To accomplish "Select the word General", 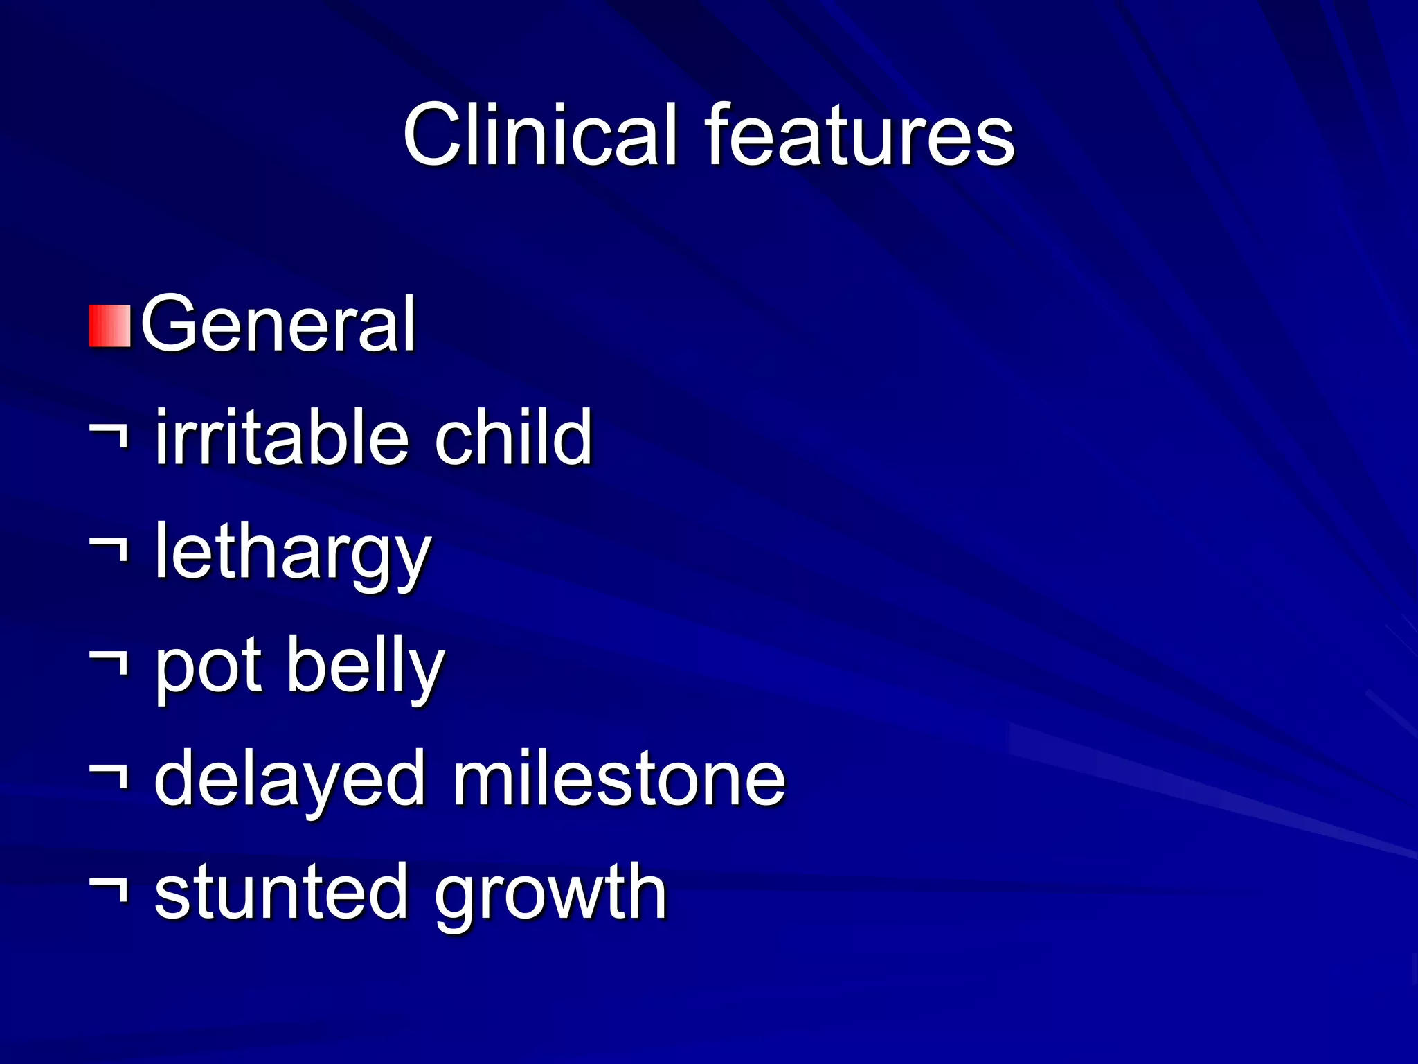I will (278, 323).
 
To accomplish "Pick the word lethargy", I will (293, 553).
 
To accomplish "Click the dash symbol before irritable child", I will (109, 436).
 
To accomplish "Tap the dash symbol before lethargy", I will (109, 550).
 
